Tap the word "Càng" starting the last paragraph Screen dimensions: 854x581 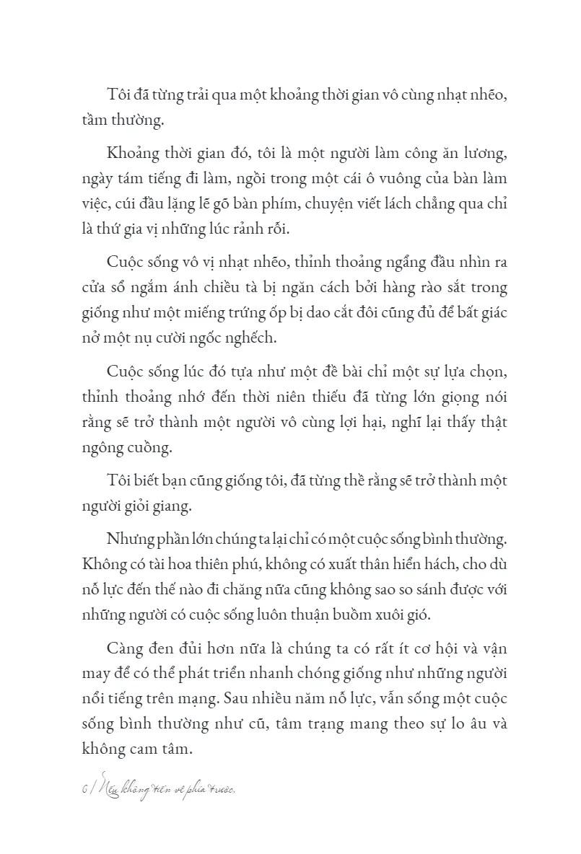123,644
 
